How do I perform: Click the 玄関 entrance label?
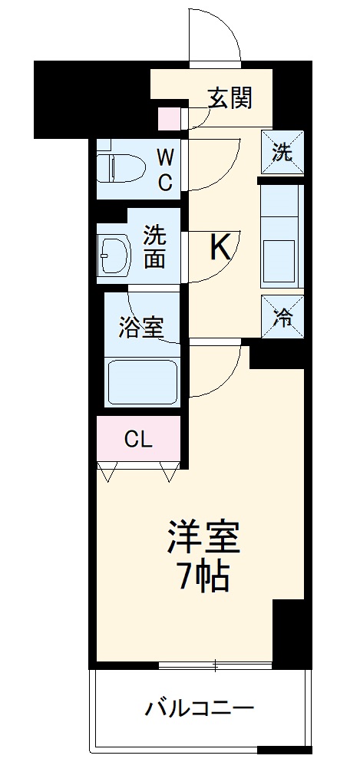point(230,98)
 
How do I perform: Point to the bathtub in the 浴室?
point(142,381)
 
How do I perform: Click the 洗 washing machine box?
point(282,152)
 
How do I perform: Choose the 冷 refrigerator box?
point(282,316)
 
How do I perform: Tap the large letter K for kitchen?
point(220,248)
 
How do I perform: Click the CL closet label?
point(139,440)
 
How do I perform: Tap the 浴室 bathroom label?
point(140,328)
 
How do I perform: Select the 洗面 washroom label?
point(155,246)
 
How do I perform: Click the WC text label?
point(165,170)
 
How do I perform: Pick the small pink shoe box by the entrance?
point(168,118)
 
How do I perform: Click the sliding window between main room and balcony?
point(216,665)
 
